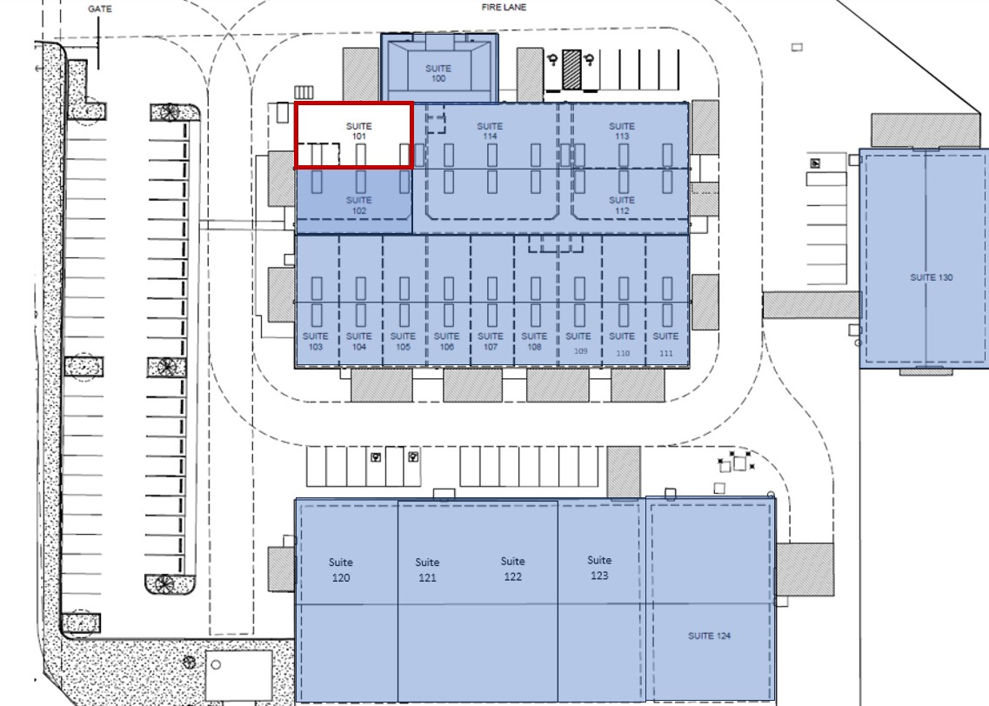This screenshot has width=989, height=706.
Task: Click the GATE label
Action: coord(100,9)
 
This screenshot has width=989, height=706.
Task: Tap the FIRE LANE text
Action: coord(504,7)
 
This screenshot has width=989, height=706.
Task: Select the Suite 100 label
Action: coord(438,73)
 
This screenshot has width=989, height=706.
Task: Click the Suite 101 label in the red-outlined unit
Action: coord(359,131)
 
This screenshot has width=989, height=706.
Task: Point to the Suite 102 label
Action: coord(359,205)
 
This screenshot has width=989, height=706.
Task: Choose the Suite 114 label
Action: coord(490,131)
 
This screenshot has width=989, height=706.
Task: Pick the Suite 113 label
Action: coord(621,131)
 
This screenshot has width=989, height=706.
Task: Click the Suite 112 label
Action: coord(621,205)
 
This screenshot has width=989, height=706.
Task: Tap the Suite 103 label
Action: coord(316,341)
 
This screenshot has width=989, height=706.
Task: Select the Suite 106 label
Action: coord(446,341)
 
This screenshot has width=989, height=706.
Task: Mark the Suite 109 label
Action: coord(578,343)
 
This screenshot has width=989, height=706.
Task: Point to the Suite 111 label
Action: coord(665,344)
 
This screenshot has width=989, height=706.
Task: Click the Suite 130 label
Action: coord(931,277)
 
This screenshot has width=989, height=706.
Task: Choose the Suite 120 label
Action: coord(341,569)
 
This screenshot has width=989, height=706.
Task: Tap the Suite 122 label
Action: coord(513,569)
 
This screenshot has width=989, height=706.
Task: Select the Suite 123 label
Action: coord(599,567)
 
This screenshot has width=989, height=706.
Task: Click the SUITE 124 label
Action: coord(709,636)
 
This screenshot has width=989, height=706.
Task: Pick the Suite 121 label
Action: coord(427,569)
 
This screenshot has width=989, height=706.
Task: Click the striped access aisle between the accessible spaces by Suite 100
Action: coord(571,70)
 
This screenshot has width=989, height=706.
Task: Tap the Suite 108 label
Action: coord(534,341)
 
